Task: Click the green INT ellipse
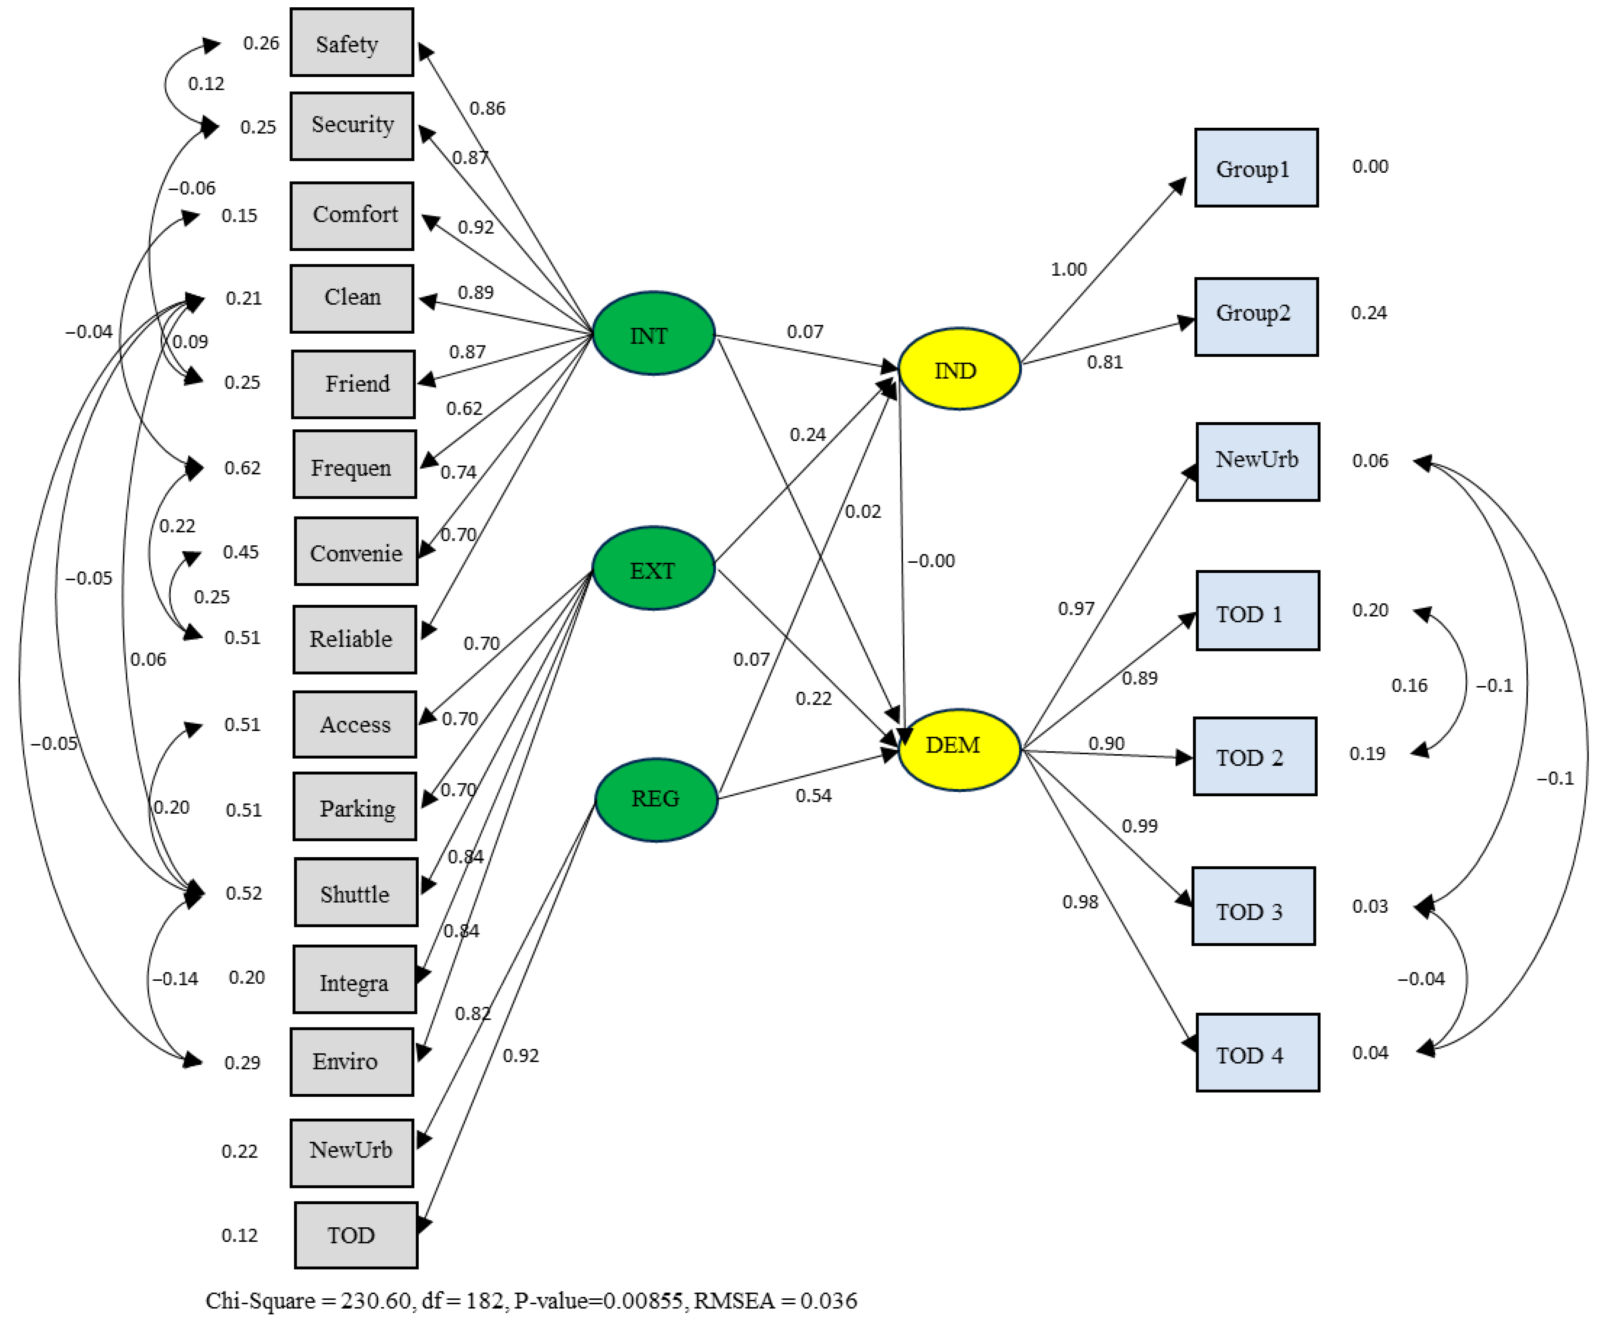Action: pyautogui.click(x=653, y=334)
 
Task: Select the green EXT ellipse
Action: pyautogui.click(x=653, y=568)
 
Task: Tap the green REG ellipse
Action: pyautogui.click(x=655, y=800)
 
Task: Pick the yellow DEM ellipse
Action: pyautogui.click(x=959, y=749)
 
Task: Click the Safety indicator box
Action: pyautogui.click(x=351, y=43)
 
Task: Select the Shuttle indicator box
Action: pyautogui.click(x=355, y=892)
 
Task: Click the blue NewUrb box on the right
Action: pyautogui.click(x=1257, y=461)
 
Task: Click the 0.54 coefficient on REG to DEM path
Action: pyautogui.click(x=813, y=796)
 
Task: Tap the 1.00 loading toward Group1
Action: pyautogui.click(x=1068, y=269)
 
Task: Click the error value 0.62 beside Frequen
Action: pyautogui.click(x=242, y=467)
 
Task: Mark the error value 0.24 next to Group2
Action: pyautogui.click(x=1368, y=313)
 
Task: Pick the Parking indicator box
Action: pyautogui.click(x=355, y=807)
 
